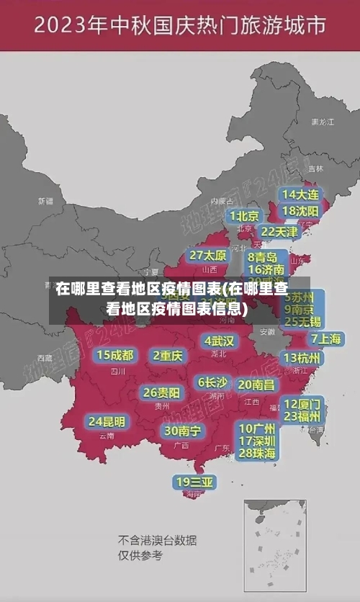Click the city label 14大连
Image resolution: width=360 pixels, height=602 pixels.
(300, 194)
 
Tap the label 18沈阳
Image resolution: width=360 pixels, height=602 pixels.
(300, 211)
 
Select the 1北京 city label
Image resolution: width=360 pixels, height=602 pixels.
(244, 215)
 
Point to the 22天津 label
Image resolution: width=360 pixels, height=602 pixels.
(279, 232)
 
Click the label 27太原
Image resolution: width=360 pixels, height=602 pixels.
(207, 255)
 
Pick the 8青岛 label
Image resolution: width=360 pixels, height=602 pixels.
(263, 256)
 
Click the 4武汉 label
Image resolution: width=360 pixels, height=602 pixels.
(220, 340)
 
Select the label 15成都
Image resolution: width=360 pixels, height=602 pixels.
(115, 354)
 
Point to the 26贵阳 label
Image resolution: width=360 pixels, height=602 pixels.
(161, 392)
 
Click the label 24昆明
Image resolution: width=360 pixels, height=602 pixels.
(107, 421)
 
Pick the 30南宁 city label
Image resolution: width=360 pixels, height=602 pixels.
(182, 431)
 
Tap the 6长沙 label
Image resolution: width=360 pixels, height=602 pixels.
(212, 382)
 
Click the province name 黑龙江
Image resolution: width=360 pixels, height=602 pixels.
(322, 122)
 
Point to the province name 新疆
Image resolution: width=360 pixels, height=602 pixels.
(45, 201)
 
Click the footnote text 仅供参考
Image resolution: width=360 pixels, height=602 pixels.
(140, 555)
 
